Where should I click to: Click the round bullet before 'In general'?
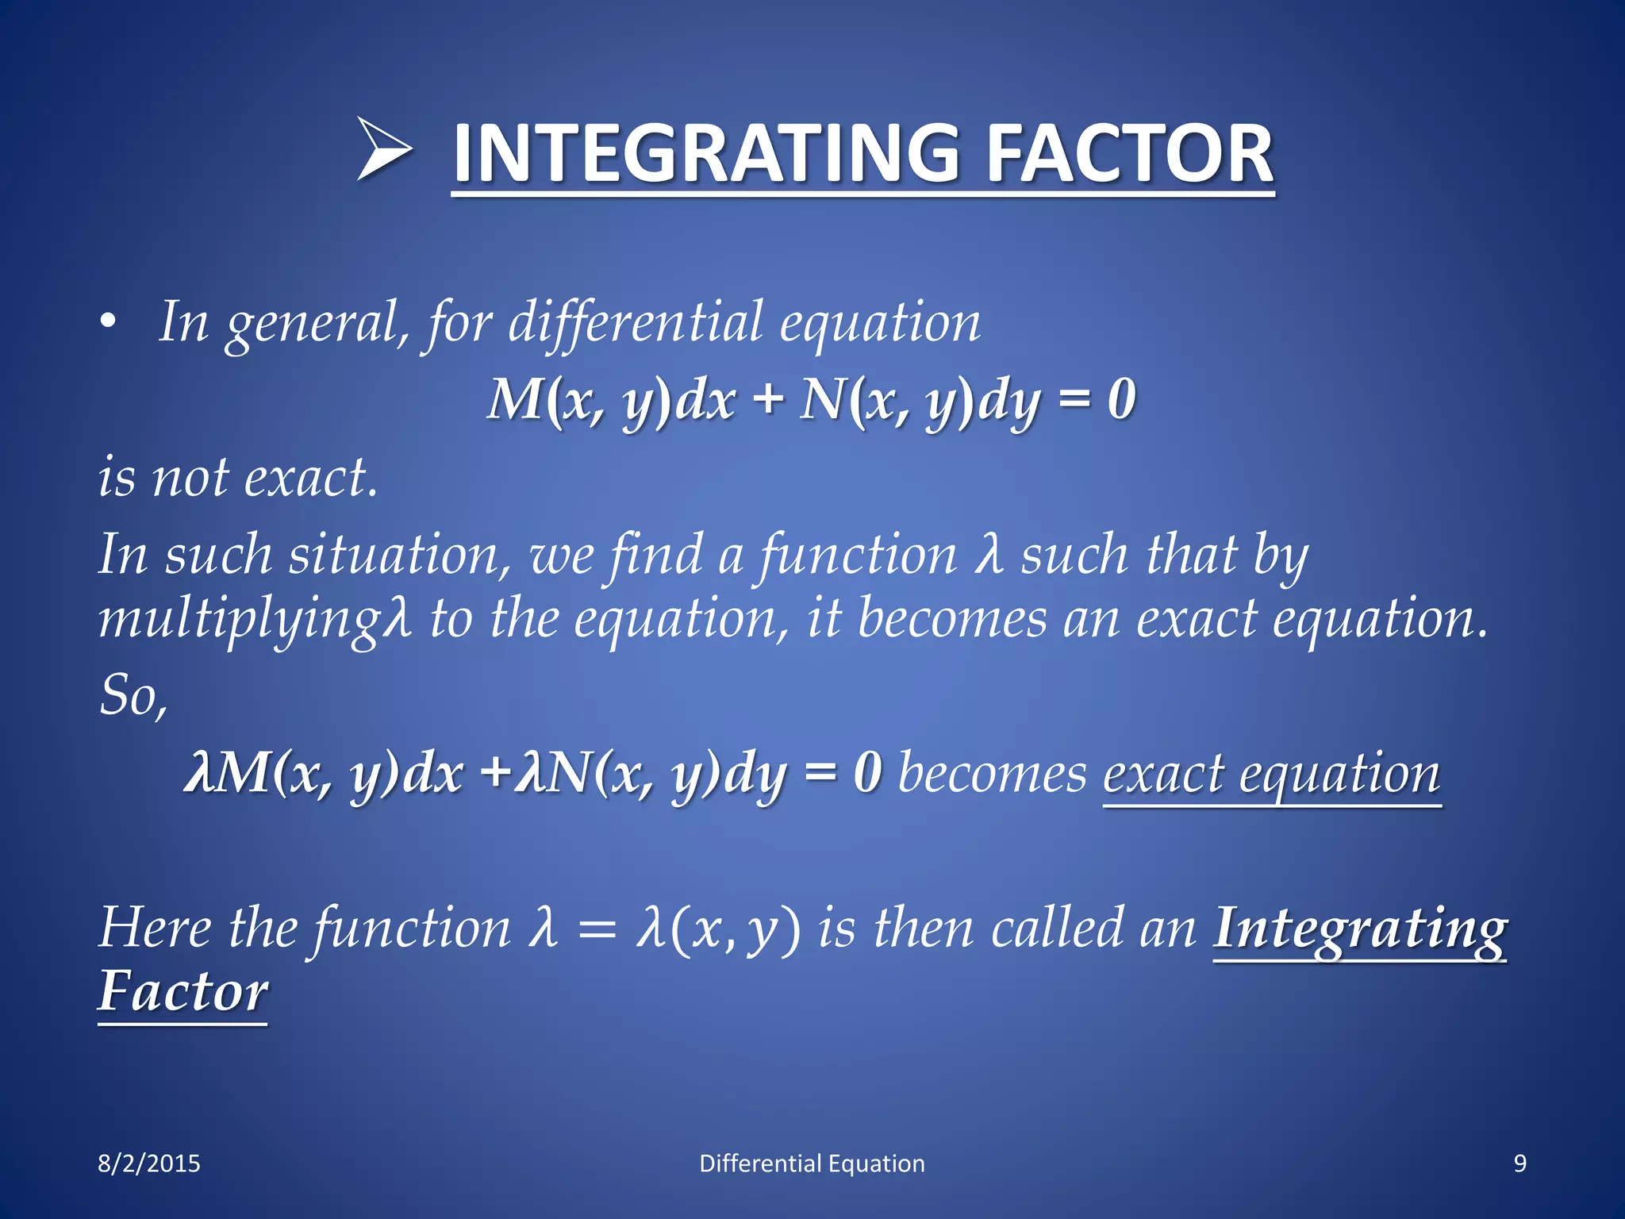pos(108,322)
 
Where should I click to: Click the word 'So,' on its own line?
pos(133,695)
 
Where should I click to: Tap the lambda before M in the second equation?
pos(198,773)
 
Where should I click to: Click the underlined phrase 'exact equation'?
pos(1271,773)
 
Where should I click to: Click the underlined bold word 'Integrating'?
pos(1359,929)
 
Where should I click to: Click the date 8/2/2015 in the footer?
pos(149,1163)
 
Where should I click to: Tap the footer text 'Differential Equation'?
pos(812,1163)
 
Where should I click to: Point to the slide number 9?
pos(1519,1163)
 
